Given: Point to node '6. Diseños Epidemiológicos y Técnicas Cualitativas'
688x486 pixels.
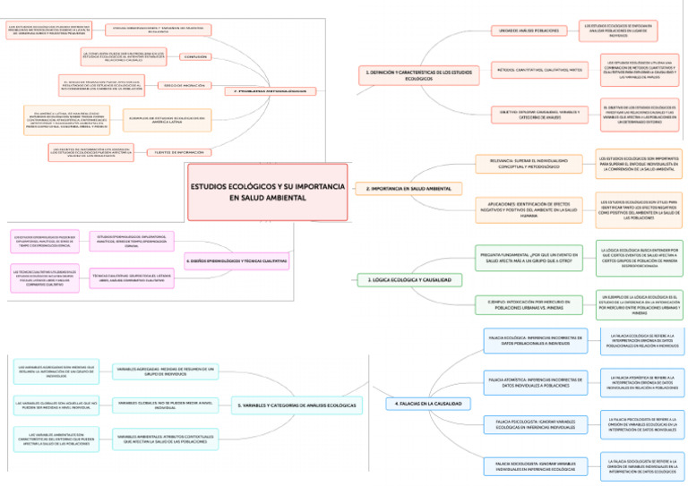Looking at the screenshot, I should (236, 260).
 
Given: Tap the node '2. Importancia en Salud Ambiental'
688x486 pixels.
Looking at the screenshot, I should (408, 189).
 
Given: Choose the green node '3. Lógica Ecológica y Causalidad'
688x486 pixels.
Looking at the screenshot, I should (410, 280).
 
